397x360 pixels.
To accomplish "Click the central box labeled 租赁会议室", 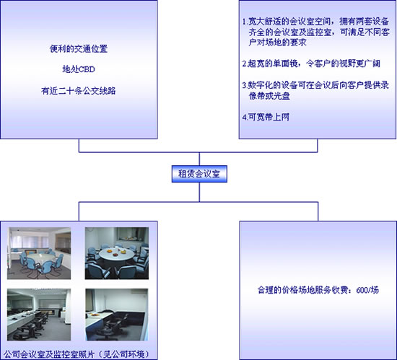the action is tap(199, 174).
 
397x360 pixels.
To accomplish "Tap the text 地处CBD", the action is tap(79, 69).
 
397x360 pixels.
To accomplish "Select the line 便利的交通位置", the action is tap(79, 48).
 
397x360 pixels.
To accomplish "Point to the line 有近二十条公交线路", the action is tap(79, 91).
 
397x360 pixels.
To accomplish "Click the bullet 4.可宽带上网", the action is tap(266, 117).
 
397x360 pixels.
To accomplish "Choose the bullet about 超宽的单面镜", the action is tap(311, 63).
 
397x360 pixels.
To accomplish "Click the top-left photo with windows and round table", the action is tap(39, 253).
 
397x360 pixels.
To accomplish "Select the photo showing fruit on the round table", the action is tap(117, 253).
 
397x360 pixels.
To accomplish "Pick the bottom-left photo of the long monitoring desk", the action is tap(39, 315).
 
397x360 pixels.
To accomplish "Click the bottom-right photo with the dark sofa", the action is tap(117, 315).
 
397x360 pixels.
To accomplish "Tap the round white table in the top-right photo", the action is tap(117, 254).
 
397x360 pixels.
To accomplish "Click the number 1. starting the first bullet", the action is tap(245, 22).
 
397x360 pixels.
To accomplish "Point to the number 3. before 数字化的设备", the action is tap(245, 85).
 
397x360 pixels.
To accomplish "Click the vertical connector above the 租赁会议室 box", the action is tap(199, 159).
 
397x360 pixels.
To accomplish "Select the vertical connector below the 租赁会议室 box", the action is tap(199, 192).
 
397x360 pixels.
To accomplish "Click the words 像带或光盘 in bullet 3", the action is tap(269, 96).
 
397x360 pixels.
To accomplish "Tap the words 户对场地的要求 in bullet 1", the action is tap(277, 43).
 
